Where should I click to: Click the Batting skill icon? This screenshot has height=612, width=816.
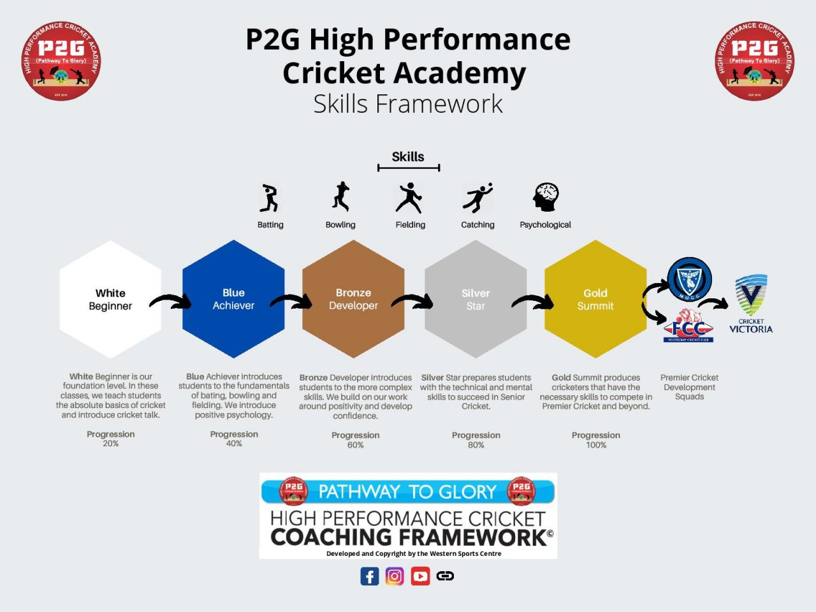pyautogui.click(x=270, y=198)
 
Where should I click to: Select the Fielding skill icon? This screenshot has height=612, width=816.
pyautogui.click(x=409, y=198)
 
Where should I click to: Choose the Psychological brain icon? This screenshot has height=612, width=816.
pyautogui.click(x=546, y=198)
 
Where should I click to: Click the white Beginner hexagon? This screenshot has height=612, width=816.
pyautogui.click(x=110, y=299)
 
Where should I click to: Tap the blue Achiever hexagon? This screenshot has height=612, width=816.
pyautogui.click(x=233, y=299)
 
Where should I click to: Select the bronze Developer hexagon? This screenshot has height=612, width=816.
pyautogui.click(x=353, y=299)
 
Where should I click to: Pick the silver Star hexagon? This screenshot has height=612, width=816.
pyautogui.click(x=476, y=299)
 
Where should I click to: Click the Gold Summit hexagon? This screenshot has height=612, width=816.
pyautogui.click(x=595, y=299)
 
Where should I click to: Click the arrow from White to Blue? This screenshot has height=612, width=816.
pyautogui.click(x=171, y=302)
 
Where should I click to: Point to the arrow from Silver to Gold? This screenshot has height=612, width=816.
pyautogui.click(x=533, y=302)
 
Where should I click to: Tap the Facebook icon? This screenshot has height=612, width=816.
pyautogui.click(x=370, y=576)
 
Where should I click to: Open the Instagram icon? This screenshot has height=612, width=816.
pyautogui.click(x=395, y=576)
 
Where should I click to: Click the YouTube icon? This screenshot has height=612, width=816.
pyautogui.click(x=420, y=576)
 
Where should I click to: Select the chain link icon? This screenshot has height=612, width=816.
pyautogui.click(x=445, y=576)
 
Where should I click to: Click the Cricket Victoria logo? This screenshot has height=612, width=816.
pyautogui.click(x=751, y=304)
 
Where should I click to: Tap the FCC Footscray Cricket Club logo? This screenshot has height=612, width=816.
pyautogui.click(x=688, y=326)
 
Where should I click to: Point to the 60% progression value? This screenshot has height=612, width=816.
pyautogui.click(x=356, y=445)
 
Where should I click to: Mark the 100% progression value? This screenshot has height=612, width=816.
pyautogui.click(x=596, y=445)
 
